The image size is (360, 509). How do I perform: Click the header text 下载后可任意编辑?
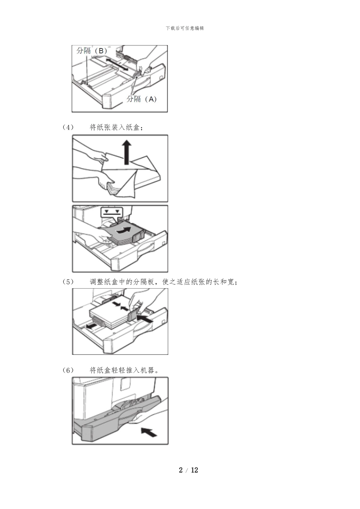(x=185, y=28)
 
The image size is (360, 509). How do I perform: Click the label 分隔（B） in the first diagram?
(x=92, y=51)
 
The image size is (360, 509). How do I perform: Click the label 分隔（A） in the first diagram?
(x=141, y=99)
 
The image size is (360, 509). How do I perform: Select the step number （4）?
(x=68, y=128)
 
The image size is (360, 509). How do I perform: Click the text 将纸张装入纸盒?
(x=116, y=128)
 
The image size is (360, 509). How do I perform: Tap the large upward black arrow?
(x=127, y=151)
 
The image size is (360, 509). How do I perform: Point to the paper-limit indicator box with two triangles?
(x=112, y=212)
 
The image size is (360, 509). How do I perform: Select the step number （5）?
(x=68, y=282)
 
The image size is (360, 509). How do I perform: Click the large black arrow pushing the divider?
(x=145, y=318)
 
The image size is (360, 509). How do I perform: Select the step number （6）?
(x=68, y=370)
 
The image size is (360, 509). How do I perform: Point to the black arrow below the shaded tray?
(x=149, y=431)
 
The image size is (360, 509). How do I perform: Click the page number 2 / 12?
(x=188, y=470)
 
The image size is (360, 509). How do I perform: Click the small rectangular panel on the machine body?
(x=125, y=383)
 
